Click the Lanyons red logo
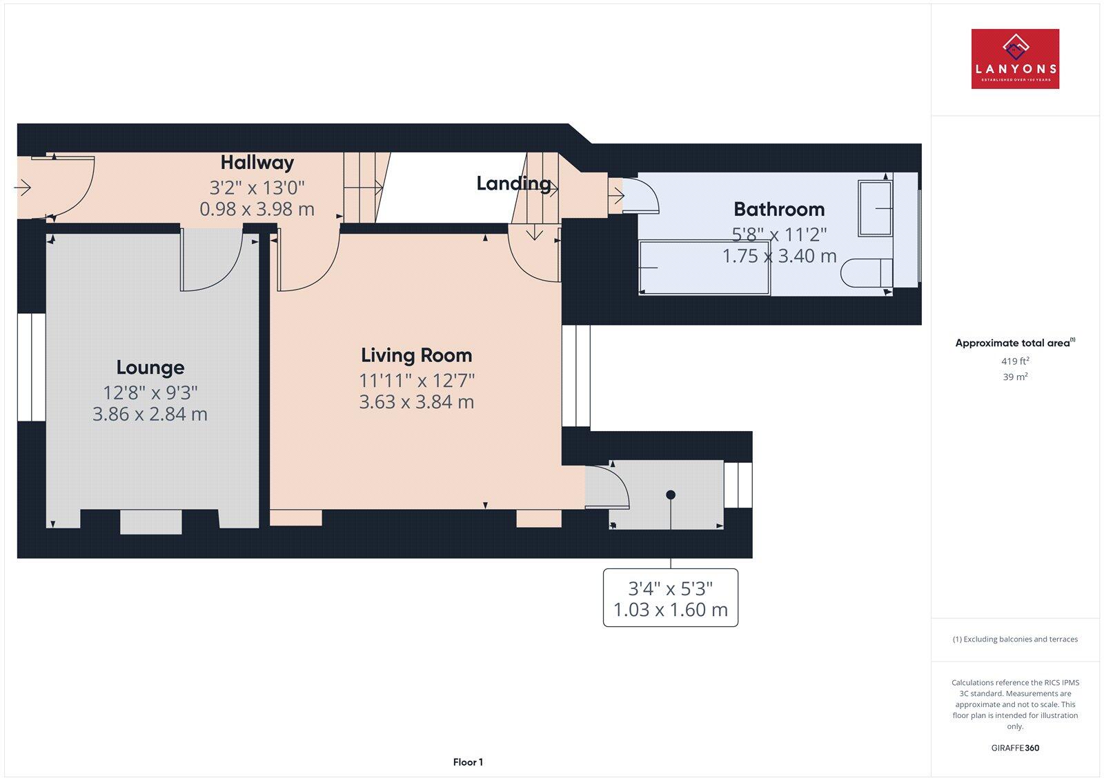click(x=1015, y=59)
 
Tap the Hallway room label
click(x=257, y=163)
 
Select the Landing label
click(x=513, y=183)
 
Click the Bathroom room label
click(x=779, y=209)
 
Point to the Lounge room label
click(x=150, y=368)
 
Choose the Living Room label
click(x=417, y=355)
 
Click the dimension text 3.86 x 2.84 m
click(x=150, y=414)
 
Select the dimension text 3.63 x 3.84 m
click(x=417, y=402)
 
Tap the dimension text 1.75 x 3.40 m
click(x=779, y=256)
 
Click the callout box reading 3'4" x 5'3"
click(x=670, y=598)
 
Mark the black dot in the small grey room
click(x=670, y=495)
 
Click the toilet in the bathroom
click(x=866, y=272)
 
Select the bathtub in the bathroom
click(x=704, y=267)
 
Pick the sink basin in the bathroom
click(x=874, y=208)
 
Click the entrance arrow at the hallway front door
click(x=23, y=187)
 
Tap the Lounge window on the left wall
click(x=31, y=367)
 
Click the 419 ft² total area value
click(x=1015, y=361)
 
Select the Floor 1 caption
click(x=468, y=762)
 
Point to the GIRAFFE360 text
click(x=1015, y=748)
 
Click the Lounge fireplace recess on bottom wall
click(x=151, y=521)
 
